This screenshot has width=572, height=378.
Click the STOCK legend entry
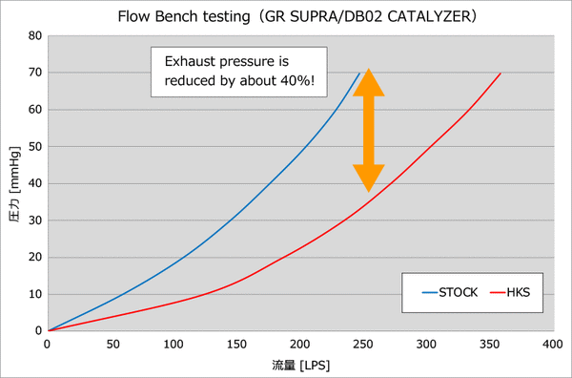point(450,292)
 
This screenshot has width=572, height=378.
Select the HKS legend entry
point(510,292)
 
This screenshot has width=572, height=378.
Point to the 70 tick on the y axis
point(35,73)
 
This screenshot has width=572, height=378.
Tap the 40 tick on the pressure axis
point(35,183)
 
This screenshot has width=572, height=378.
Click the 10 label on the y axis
point(35,294)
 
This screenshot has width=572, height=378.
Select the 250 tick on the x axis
point(363,344)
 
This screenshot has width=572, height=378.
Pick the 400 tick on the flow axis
point(553,344)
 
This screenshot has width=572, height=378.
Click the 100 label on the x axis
point(174,344)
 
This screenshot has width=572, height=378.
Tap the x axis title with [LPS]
point(301,365)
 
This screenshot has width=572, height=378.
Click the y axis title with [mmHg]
point(14,184)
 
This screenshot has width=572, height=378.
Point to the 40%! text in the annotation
point(297,80)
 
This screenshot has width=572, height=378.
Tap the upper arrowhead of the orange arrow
point(369,82)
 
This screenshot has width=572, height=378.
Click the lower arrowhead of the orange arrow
point(369,178)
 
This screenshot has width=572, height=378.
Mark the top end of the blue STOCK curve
point(359,73)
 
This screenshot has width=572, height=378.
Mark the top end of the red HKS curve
point(500,73)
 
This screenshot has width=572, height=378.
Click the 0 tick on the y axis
point(39,331)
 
